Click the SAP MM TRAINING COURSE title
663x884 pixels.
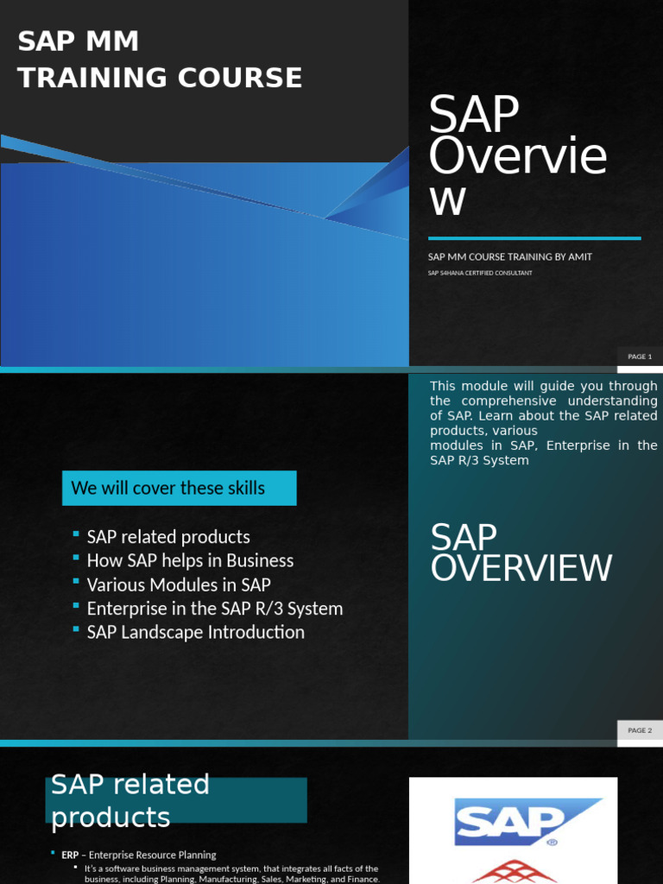[160, 60]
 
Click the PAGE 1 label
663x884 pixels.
[640, 357]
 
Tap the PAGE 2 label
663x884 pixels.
[640, 730]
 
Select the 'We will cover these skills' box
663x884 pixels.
[179, 488]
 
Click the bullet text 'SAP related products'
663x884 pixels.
[168, 537]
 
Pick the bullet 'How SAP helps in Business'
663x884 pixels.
[190, 561]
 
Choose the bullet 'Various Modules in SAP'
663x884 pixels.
[179, 584]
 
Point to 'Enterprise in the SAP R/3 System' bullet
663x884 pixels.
[215, 609]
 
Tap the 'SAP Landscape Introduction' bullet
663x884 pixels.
[195, 632]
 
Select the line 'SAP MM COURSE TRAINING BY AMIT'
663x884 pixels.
[510, 257]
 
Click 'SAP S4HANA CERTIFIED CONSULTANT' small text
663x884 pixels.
[480, 273]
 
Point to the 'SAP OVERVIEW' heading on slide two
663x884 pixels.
[521, 553]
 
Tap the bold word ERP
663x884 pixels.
[70, 855]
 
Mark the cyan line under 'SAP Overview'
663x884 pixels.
[534, 238]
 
